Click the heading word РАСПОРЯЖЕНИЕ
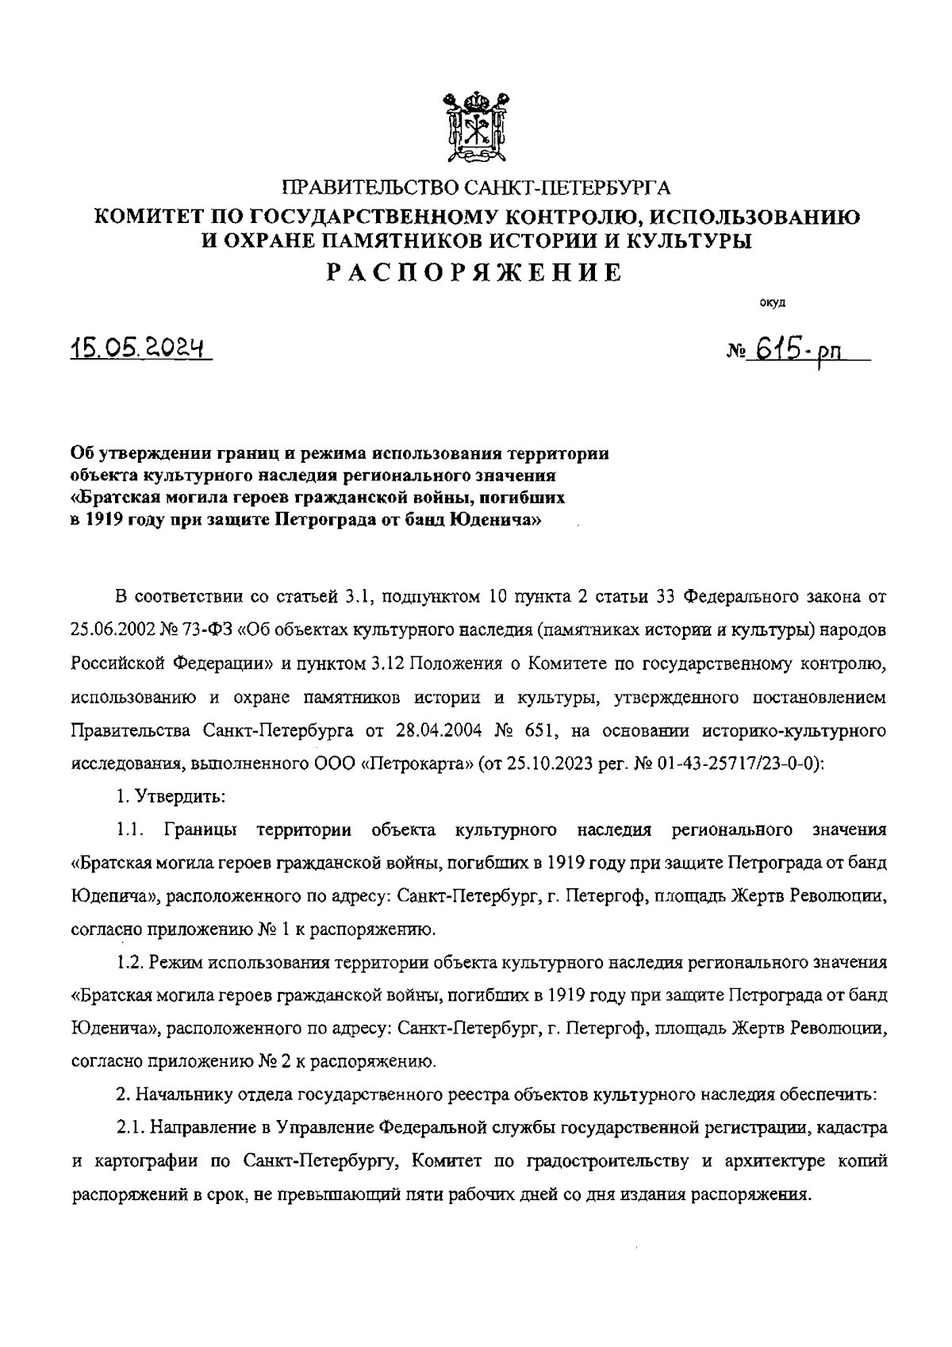tap(476, 273)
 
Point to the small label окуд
tap(772, 302)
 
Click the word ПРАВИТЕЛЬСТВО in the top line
tap(370, 188)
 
